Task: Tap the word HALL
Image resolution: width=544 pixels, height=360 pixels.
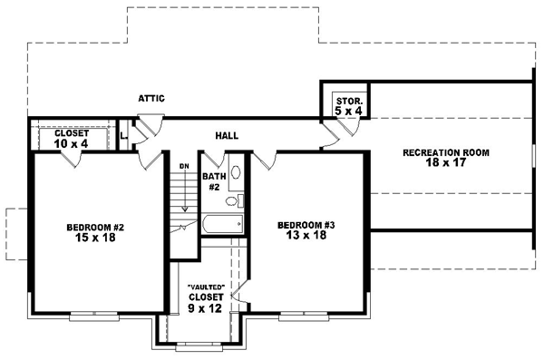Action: click(x=227, y=135)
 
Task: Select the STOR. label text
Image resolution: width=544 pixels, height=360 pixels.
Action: click(x=348, y=101)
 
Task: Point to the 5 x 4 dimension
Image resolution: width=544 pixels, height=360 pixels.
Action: click(x=348, y=111)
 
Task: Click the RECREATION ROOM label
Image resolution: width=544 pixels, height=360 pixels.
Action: click(x=446, y=152)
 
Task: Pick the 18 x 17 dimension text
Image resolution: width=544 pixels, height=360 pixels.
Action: click(x=446, y=163)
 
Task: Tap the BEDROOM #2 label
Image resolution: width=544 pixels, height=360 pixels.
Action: click(x=96, y=226)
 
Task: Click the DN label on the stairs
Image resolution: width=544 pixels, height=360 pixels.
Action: click(x=183, y=166)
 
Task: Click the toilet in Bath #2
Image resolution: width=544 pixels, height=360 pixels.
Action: click(x=233, y=201)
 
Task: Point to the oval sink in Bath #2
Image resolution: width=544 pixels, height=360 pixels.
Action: click(x=236, y=170)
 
